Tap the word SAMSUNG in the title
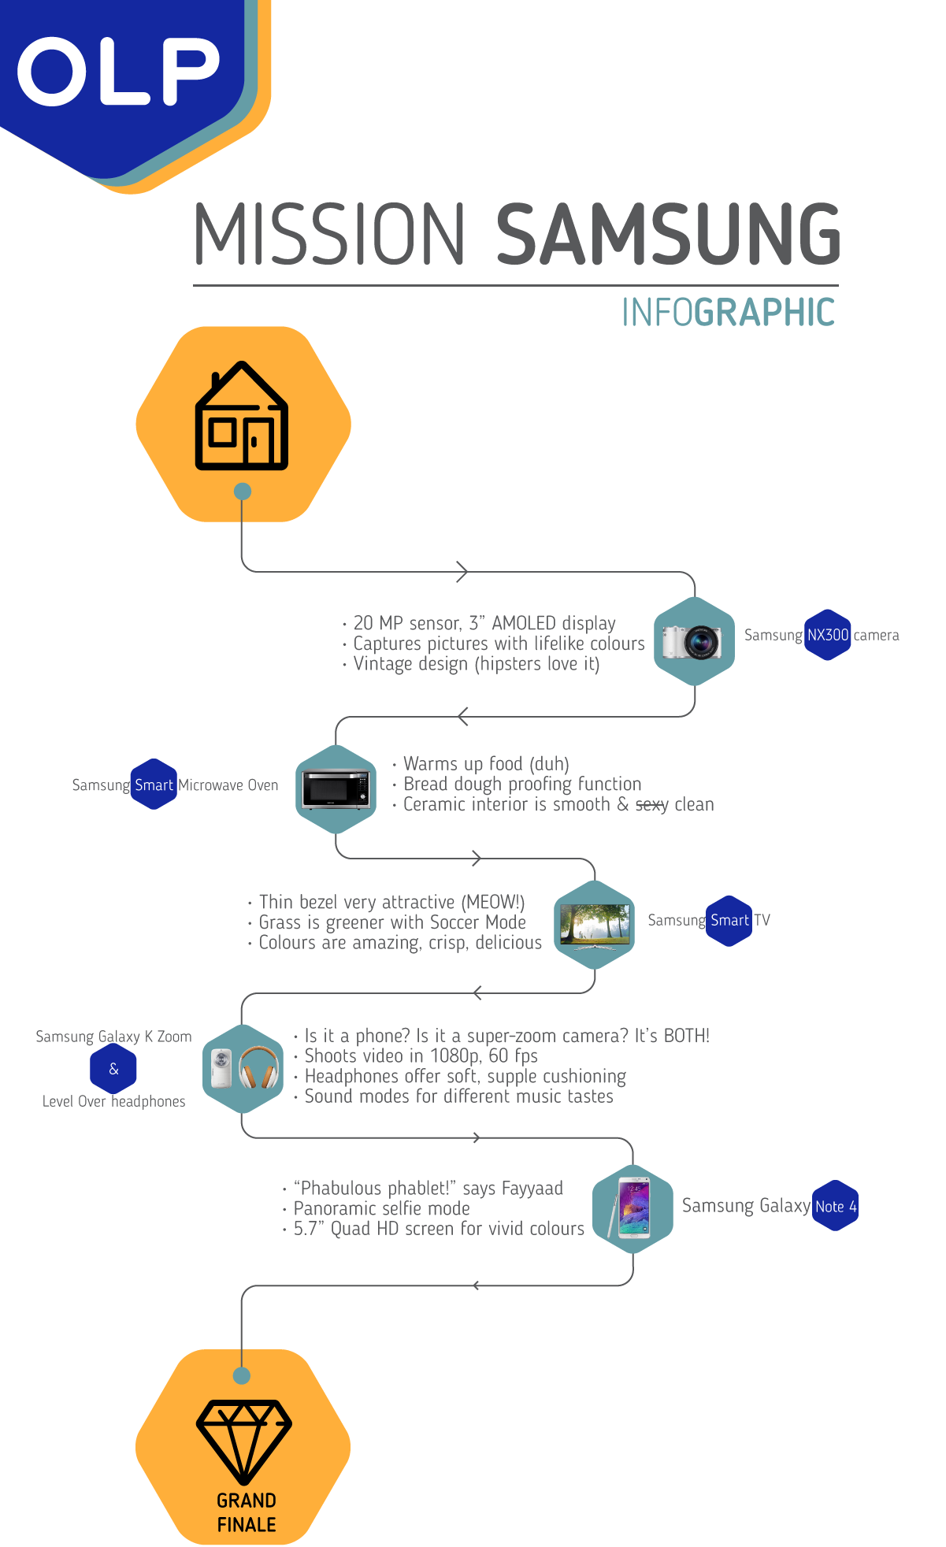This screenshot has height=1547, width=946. click(x=669, y=234)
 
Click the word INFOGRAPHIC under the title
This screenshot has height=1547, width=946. click(x=728, y=313)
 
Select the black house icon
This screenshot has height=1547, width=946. click(x=242, y=416)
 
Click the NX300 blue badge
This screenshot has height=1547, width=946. click(x=828, y=635)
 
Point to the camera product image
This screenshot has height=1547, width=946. click(x=692, y=641)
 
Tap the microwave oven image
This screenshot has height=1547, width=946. click(x=336, y=788)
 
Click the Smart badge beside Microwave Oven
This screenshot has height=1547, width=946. click(x=154, y=785)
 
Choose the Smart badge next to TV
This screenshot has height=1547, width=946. click(x=729, y=920)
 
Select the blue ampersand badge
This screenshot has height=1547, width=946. click(x=113, y=1069)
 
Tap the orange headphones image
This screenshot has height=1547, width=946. click(x=258, y=1068)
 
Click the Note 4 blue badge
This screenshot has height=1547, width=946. click(x=835, y=1206)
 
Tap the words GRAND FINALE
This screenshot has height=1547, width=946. click(x=247, y=1512)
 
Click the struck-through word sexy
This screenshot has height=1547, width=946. click(x=652, y=805)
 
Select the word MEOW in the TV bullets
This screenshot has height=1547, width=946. click(x=490, y=902)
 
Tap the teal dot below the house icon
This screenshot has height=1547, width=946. click(x=243, y=492)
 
